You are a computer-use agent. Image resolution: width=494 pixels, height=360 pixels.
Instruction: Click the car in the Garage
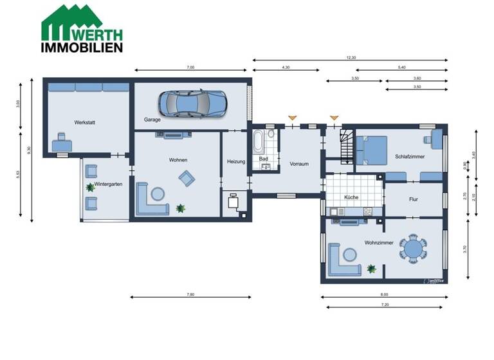(x=192, y=102)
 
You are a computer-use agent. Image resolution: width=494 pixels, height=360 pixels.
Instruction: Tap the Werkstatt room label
(x=85, y=122)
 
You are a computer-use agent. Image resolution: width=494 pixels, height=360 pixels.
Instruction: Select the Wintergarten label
(x=108, y=184)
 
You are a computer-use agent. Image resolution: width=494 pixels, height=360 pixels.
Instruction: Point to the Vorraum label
(x=299, y=164)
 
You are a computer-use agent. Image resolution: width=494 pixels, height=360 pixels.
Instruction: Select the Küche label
(x=351, y=197)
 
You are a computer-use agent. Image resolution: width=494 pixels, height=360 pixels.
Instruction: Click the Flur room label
(x=414, y=199)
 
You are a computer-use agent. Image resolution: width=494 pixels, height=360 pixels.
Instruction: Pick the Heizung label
(x=236, y=161)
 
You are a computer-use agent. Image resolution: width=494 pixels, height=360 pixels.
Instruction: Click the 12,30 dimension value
(x=351, y=58)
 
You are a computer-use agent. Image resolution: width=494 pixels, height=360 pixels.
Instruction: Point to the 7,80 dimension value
(x=190, y=294)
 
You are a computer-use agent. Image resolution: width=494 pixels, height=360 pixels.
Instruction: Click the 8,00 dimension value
(x=385, y=294)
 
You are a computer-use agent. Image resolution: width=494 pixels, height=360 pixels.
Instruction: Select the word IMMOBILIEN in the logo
(x=82, y=47)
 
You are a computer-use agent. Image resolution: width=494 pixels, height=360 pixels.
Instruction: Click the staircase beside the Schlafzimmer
(x=346, y=145)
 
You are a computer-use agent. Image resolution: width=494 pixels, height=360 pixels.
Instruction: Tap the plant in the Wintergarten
(x=89, y=187)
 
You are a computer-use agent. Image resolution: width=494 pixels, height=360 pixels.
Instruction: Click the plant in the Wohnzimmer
(x=370, y=268)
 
